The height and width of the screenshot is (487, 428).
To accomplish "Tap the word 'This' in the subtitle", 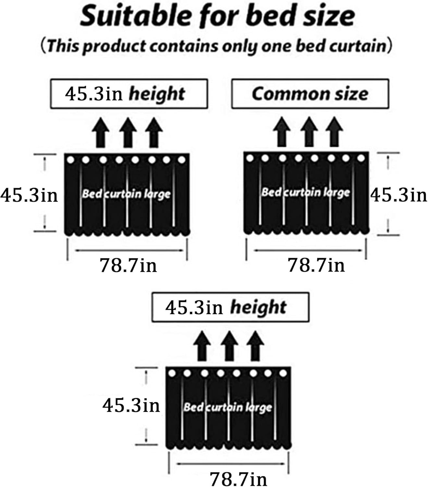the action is click(x=63, y=46).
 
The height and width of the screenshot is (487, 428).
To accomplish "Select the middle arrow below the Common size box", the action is click(x=309, y=132).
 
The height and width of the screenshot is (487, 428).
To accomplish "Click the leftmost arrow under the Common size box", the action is click(x=282, y=132).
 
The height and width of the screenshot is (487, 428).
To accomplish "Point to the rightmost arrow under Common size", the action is click(x=334, y=132).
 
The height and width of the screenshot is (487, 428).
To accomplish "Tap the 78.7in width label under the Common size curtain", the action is click(x=316, y=265).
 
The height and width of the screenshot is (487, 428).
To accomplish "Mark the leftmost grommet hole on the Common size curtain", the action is click(x=250, y=158).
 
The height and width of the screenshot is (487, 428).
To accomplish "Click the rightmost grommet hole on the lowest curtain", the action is click(x=283, y=373).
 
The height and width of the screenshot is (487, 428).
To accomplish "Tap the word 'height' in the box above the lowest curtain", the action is click(x=258, y=307).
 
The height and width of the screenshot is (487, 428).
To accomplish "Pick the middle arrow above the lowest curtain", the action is click(x=229, y=346).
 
